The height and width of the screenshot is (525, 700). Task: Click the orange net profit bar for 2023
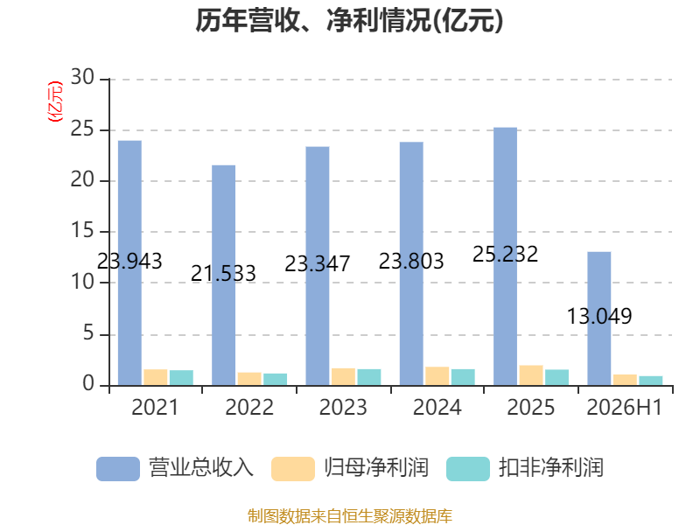point(343,377)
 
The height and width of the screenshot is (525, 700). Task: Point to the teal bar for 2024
point(463,377)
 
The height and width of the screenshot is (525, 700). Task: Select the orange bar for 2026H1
point(625,380)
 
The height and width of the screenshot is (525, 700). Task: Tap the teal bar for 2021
point(181,378)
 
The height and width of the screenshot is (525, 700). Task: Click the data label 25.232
point(506,255)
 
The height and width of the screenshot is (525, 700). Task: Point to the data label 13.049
point(599,317)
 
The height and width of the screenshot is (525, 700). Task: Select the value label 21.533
point(223,273)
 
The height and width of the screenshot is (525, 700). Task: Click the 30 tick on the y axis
point(82,77)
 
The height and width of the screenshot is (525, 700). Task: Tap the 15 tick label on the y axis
point(82,231)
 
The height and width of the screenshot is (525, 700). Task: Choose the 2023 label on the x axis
point(343,407)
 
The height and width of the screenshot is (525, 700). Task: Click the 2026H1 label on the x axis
point(625,407)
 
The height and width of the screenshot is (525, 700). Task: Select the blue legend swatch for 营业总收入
point(118,469)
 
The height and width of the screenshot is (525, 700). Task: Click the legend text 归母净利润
point(376,468)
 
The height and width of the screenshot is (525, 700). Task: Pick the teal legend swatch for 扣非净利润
point(468,469)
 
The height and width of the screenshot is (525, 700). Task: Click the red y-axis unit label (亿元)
point(55,101)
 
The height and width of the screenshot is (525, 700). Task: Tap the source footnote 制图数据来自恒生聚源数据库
point(350,516)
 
